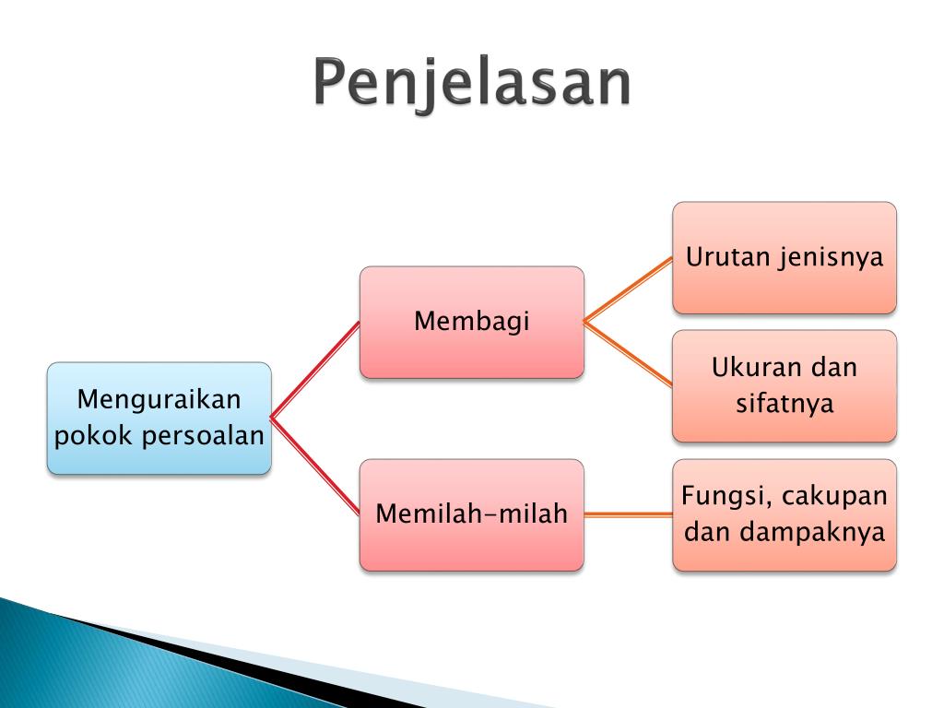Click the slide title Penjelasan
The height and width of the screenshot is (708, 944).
click(x=472, y=83)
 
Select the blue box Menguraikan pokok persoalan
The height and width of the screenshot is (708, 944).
click(x=159, y=419)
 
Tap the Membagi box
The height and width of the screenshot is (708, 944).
click(x=471, y=322)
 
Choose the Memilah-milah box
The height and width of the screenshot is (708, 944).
click(x=471, y=514)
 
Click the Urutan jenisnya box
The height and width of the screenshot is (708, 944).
click(x=785, y=258)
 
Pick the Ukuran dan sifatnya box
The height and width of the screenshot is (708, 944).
click(x=785, y=386)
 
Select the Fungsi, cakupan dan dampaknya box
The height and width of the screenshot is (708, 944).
click(x=785, y=514)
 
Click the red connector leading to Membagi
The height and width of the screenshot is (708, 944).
click(x=315, y=370)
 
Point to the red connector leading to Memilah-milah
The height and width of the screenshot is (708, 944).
click(x=315, y=466)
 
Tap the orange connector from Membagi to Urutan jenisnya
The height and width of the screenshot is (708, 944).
click(x=628, y=289)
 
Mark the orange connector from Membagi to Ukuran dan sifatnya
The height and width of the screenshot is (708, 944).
click(x=628, y=354)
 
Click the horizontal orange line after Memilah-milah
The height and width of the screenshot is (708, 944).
click(x=628, y=514)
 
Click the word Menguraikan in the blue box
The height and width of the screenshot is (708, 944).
click(x=159, y=401)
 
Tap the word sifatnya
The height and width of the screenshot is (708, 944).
click(x=785, y=404)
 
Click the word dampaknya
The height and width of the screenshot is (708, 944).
click(x=812, y=533)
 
